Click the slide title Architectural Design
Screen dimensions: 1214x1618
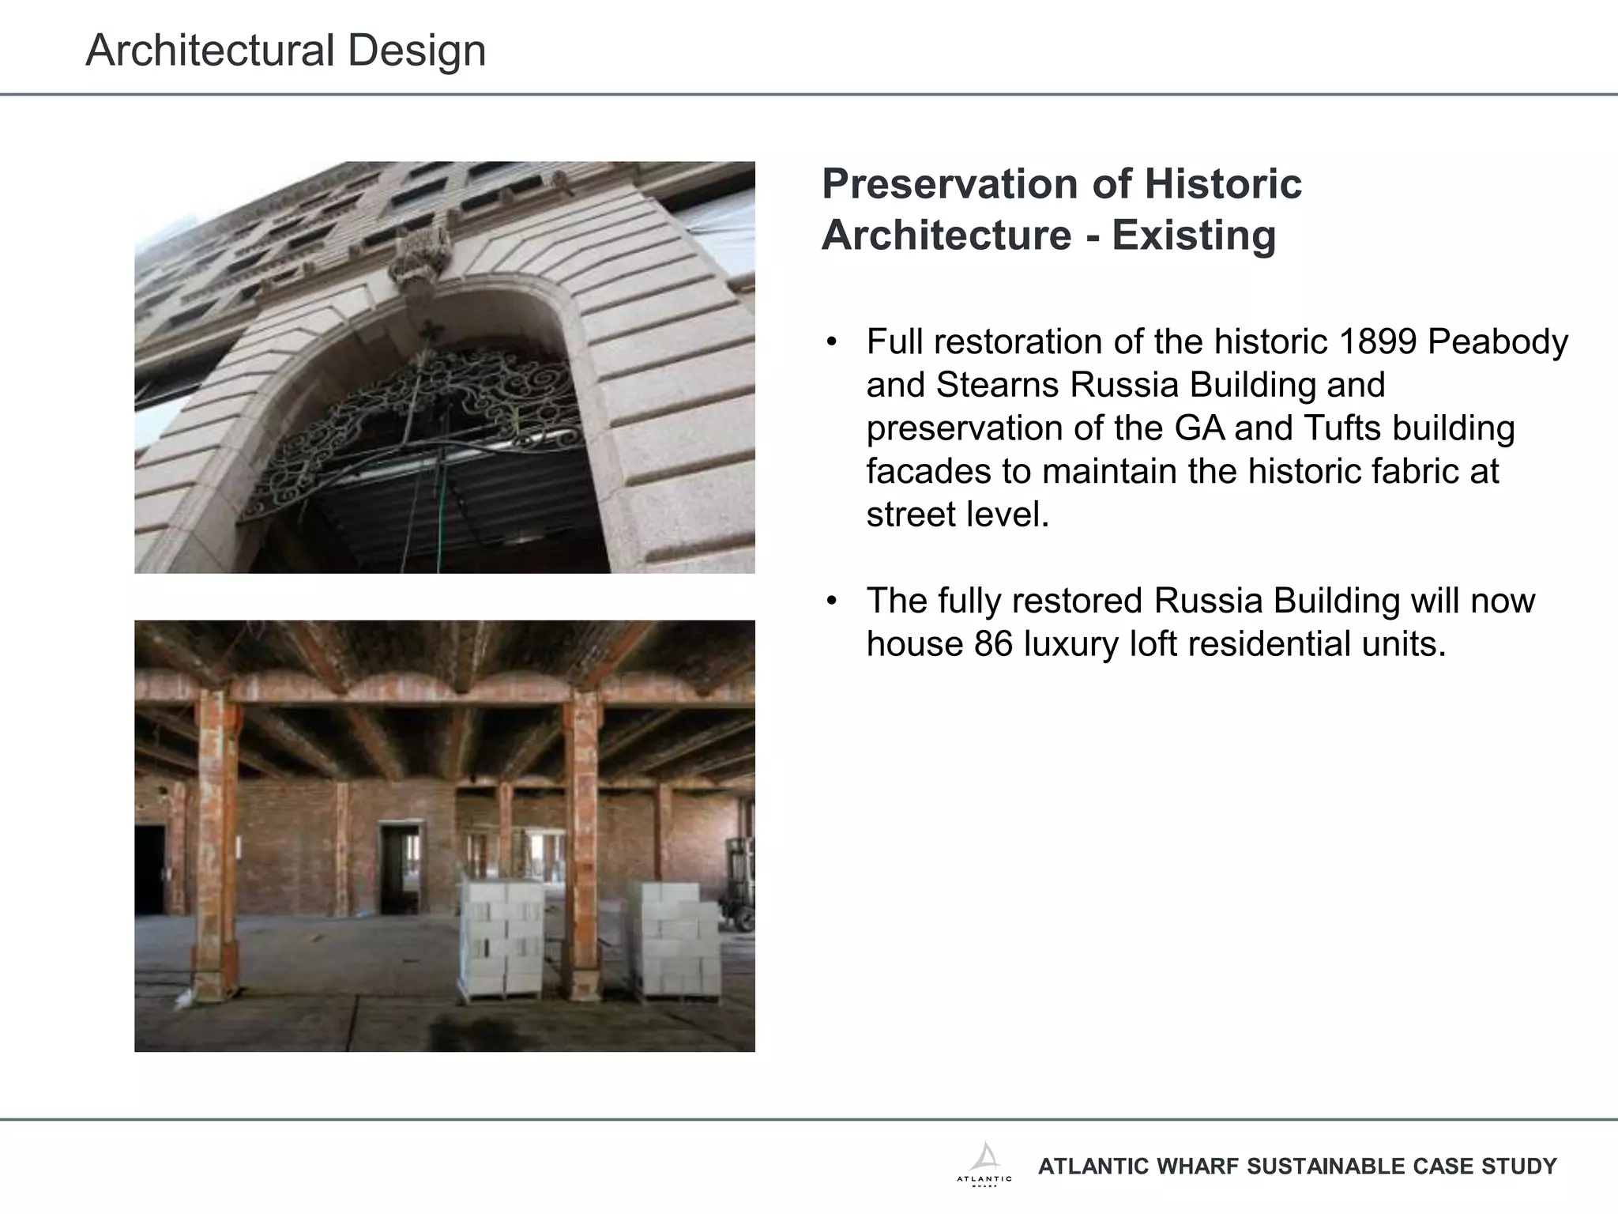(285, 51)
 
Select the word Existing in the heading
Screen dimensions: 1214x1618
(1194, 236)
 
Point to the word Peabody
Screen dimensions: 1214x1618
(1498, 342)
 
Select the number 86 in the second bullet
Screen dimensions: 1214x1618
(993, 644)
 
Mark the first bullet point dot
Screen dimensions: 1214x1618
(830, 343)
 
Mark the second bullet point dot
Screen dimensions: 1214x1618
(830, 601)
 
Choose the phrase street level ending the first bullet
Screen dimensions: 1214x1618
(957, 515)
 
